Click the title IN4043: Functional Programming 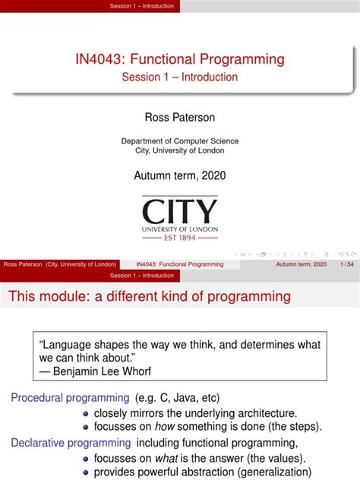point(180,59)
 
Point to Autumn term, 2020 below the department point(180,175)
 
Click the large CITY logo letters point(180,210)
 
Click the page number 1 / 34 point(347,264)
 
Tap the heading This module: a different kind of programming point(150,295)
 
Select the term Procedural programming point(70,397)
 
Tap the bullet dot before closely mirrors point(86,414)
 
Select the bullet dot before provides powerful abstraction point(86,473)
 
